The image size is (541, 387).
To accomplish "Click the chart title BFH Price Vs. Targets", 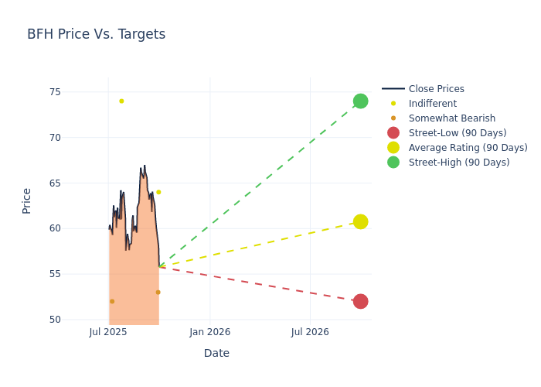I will click(x=96, y=34).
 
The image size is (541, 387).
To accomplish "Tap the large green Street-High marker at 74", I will click(x=360, y=101).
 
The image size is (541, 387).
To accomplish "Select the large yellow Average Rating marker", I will click(x=360, y=221).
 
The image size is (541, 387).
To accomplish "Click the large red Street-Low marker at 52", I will click(x=360, y=301).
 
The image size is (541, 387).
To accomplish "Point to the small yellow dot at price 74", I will click(x=121, y=101).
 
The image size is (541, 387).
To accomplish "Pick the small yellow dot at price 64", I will click(x=158, y=192).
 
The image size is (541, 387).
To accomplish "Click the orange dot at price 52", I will click(x=112, y=301).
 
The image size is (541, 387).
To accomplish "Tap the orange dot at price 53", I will click(x=158, y=292).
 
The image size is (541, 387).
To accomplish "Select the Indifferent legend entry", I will click(x=432, y=104).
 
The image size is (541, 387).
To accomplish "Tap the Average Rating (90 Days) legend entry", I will click(x=468, y=148).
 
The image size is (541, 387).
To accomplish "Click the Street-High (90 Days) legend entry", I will click(x=459, y=163).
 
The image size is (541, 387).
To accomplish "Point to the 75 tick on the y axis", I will click(x=55, y=92).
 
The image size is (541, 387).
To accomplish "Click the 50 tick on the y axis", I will click(x=55, y=320).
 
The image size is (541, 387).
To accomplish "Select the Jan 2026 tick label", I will click(x=209, y=332).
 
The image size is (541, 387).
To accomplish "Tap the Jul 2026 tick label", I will click(x=310, y=332).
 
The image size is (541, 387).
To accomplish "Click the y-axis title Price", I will click(x=27, y=200).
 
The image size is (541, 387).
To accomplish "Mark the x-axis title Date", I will click(x=216, y=353).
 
